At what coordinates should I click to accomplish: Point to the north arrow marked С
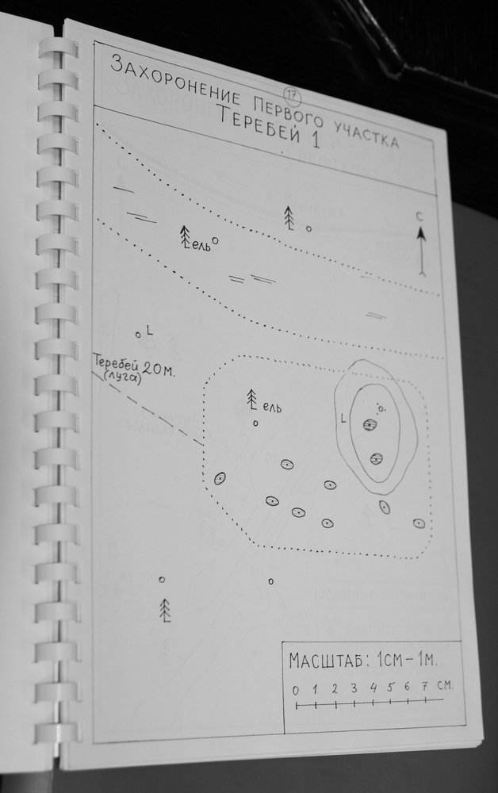coord(421,251)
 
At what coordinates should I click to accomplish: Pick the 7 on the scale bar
coord(425,686)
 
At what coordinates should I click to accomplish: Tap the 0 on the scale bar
coord(296,690)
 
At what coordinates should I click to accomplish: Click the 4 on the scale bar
coord(373,688)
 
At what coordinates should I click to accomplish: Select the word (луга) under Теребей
coord(122,377)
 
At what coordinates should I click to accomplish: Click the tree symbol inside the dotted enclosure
coord(252,400)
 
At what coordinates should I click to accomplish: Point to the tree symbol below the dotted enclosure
coord(165,610)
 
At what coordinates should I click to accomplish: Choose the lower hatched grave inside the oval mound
coord(376,458)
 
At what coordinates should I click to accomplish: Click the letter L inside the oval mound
coord(344,418)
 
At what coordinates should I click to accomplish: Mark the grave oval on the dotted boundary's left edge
coord(220,478)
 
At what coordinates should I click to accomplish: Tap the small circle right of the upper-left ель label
coord(216,241)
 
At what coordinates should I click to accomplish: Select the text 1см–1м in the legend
coord(407,660)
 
